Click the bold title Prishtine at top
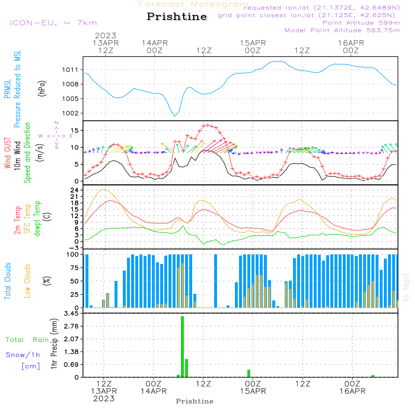177,17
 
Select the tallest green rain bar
182,347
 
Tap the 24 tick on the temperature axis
75,190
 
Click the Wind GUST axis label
7,154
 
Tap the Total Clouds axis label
7,281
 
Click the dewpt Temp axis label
38,219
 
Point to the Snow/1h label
23,355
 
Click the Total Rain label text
27,340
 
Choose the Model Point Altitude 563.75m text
342,30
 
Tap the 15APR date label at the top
252,43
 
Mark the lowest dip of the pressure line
175,116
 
